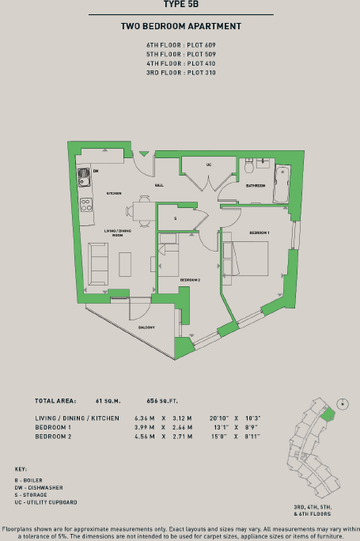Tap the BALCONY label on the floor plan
tap(146, 327)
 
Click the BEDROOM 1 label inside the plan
tap(260, 233)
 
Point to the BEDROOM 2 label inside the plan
tap(190, 280)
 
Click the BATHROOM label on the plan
tap(255, 186)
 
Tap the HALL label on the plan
tap(159, 185)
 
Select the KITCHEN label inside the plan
tap(114, 194)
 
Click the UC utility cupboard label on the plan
tap(208, 165)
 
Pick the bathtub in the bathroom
tap(282, 184)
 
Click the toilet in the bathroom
tap(249, 165)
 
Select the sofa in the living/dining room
tap(98, 264)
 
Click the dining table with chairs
tap(142, 211)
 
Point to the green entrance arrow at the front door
tap(143, 153)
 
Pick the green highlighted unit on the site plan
tap(330, 412)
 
